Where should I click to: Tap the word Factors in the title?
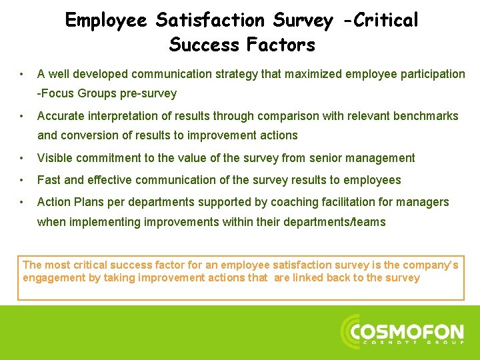coord(281,45)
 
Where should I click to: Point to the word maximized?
coord(311,74)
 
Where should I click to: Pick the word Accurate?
coord(61,116)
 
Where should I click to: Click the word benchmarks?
coord(425,116)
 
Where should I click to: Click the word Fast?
coord(49,180)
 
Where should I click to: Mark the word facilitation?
coord(355,202)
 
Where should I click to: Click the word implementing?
coord(101,222)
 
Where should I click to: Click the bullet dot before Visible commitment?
coord(23,158)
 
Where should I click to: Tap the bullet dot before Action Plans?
coord(23,202)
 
